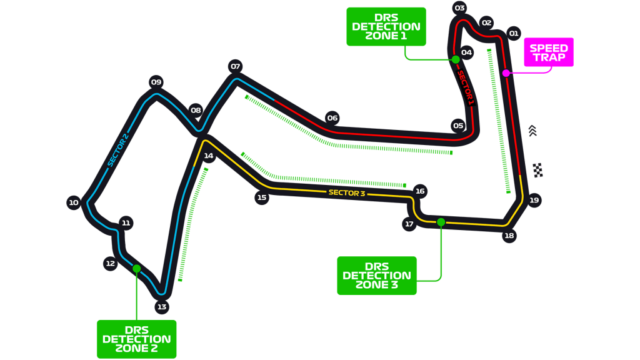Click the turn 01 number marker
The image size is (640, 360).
click(x=514, y=33)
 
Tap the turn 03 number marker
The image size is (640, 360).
click(x=460, y=8)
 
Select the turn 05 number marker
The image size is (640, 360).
click(x=459, y=126)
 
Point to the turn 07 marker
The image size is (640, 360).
click(x=235, y=66)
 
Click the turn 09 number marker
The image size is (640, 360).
click(x=156, y=82)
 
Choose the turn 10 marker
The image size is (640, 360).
click(x=74, y=202)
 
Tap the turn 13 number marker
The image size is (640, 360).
click(x=162, y=307)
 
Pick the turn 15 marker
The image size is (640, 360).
click(x=262, y=197)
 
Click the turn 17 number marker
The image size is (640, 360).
click(x=409, y=224)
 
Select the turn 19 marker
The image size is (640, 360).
click(x=534, y=200)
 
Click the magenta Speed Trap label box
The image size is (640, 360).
click(x=548, y=52)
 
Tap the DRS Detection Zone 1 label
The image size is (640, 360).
click(x=386, y=26)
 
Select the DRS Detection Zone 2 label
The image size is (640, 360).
click(x=136, y=339)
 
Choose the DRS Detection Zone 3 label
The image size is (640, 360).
click(x=377, y=276)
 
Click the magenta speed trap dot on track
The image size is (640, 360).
click(x=506, y=73)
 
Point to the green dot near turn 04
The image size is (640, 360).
click(x=456, y=59)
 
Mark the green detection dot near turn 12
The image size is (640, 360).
click(x=136, y=269)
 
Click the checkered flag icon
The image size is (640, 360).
click(x=537, y=170)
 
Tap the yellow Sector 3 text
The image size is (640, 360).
click(x=347, y=193)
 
